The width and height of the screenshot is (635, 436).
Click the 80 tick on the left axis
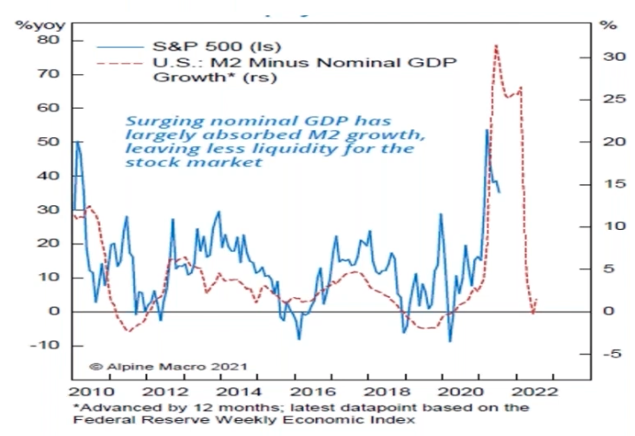tap(51, 40)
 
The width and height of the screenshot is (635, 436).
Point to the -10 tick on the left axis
tap(48, 345)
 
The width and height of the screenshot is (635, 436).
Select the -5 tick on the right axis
tap(608, 354)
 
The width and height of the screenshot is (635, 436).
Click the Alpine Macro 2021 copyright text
tap(167, 364)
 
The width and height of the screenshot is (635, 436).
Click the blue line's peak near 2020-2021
tap(486, 130)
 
